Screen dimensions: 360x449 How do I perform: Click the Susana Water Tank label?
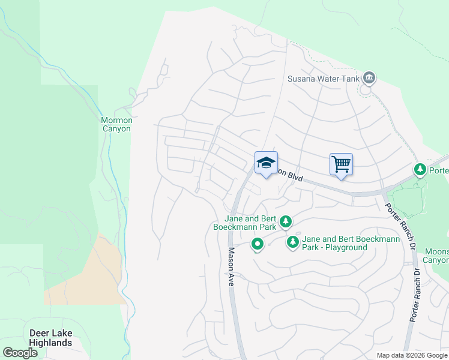[x=323, y=79]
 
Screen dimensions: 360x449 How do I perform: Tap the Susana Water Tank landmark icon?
[x=369, y=78]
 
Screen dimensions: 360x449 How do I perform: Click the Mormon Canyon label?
[x=116, y=124]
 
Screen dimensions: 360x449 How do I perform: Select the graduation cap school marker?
[x=267, y=163]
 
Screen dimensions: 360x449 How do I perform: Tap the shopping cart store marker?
[x=341, y=164]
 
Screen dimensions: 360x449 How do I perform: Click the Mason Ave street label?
[x=231, y=268]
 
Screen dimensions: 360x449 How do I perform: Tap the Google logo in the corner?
[x=20, y=353]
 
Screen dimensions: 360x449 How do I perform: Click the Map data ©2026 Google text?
[x=412, y=355]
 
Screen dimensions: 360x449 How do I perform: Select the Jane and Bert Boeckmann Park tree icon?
[x=286, y=222]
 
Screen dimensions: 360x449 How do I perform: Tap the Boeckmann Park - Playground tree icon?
[x=293, y=242]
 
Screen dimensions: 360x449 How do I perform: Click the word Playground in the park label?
[x=345, y=247]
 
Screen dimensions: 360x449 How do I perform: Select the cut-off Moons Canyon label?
[x=436, y=255]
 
